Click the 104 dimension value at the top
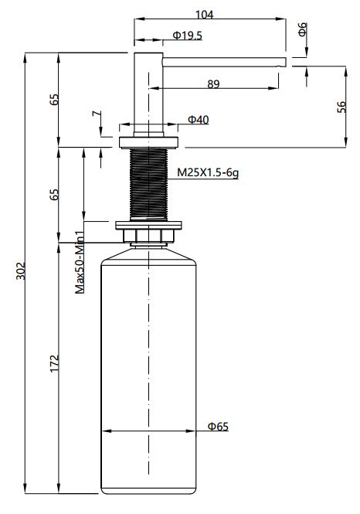(204, 15)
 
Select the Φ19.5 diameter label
(188, 35)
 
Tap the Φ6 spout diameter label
(303, 29)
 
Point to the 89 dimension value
(213, 84)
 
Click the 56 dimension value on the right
(341, 107)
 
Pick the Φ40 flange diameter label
(199, 120)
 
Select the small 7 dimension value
(96, 114)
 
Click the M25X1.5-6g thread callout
(208, 172)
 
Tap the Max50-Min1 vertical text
(80, 262)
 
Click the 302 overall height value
(21, 271)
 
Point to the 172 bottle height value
(54, 363)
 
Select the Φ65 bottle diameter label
(218, 427)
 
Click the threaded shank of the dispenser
(149, 184)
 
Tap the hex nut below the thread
(149, 236)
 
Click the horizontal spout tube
(224, 62)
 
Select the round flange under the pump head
(149, 142)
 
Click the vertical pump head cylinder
(148, 94)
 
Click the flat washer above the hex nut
(149, 226)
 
